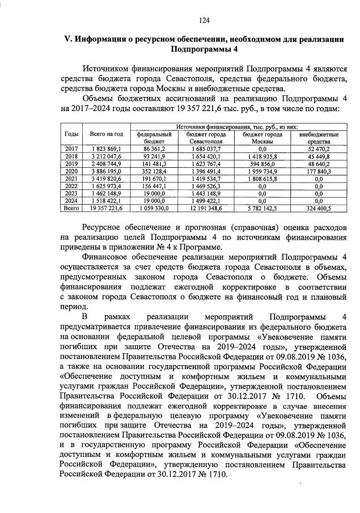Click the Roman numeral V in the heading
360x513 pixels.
pos(65,39)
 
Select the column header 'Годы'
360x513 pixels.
pos(72,134)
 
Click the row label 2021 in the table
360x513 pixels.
pos(72,177)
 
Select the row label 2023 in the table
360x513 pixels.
pos(72,192)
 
